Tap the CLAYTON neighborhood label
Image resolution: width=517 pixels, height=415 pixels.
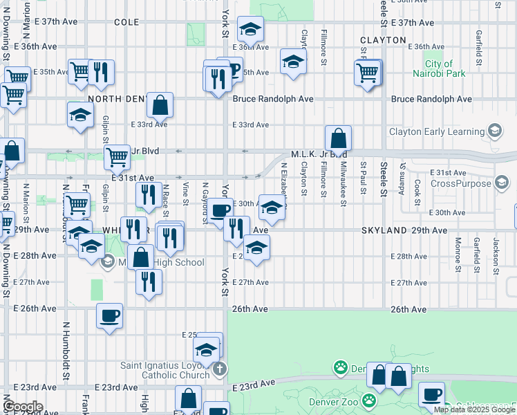[x=383, y=40]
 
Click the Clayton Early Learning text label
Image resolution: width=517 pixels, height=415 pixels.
[x=435, y=131]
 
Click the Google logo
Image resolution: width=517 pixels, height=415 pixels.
[x=23, y=406]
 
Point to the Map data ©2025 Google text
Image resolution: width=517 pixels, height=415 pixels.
[x=474, y=409]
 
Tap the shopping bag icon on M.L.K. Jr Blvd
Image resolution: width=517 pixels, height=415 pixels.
[x=338, y=136]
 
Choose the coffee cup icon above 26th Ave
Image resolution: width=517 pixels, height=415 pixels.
[x=110, y=315]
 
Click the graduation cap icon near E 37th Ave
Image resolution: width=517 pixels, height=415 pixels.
[x=250, y=28]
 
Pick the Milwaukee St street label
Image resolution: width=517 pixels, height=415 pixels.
[x=344, y=184]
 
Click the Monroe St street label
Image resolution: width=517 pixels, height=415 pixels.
[x=458, y=255]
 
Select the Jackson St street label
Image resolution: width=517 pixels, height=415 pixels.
[x=496, y=256]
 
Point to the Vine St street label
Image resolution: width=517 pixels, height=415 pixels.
[x=185, y=194]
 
